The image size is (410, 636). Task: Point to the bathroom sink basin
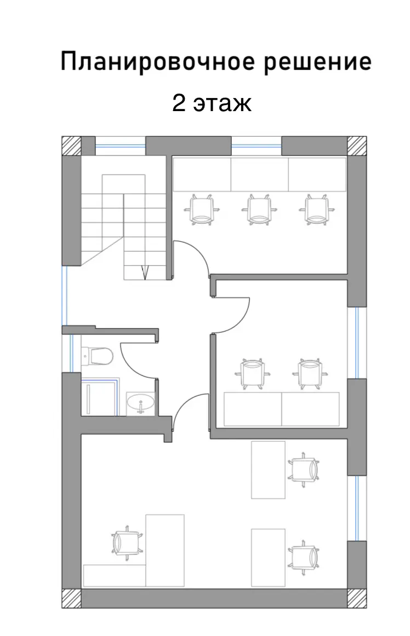[x=140, y=403]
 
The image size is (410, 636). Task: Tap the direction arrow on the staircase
[x=145, y=273]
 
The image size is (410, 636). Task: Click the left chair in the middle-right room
[x=252, y=374]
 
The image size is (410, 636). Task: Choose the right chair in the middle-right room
[x=310, y=374]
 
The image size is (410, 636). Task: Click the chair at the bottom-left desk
[x=127, y=543]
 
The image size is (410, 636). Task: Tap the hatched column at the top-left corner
[x=71, y=146]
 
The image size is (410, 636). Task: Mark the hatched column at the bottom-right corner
[x=357, y=598]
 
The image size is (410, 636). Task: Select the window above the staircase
[x=120, y=146]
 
